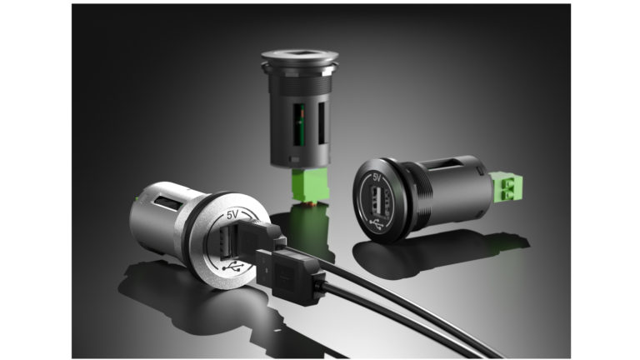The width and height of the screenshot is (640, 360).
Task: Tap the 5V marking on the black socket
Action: pos(376,177)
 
